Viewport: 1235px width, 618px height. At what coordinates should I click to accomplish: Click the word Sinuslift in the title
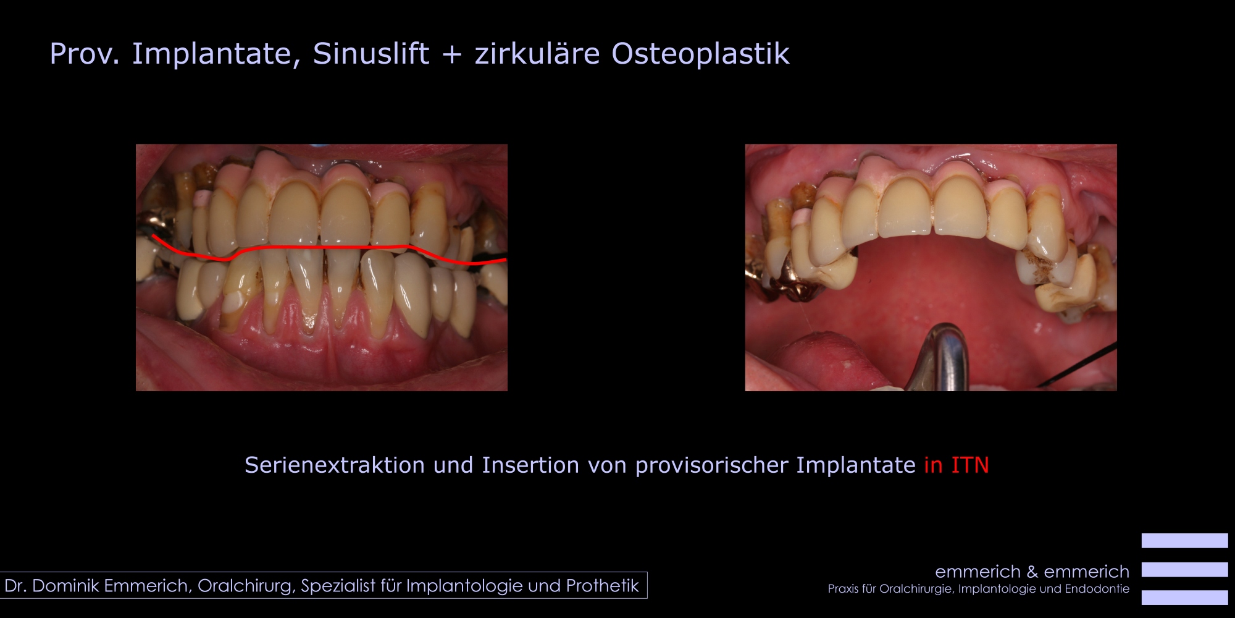pyautogui.click(x=371, y=53)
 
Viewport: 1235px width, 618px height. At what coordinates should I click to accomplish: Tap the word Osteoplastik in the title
pyautogui.click(x=700, y=53)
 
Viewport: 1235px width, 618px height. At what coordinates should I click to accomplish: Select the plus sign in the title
pyautogui.click(x=452, y=54)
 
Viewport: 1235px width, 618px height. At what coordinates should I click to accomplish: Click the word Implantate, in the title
pyautogui.click(x=216, y=54)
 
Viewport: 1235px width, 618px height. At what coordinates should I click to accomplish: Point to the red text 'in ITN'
pyautogui.click(x=957, y=465)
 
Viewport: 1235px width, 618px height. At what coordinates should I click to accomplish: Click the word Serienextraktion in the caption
pyautogui.click(x=335, y=465)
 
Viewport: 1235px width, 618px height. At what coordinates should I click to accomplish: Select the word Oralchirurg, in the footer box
pyautogui.click(x=246, y=586)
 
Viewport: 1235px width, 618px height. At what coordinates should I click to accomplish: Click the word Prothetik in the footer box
pyautogui.click(x=602, y=585)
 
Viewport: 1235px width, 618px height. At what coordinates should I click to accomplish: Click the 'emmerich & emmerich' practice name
pyautogui.click(x=1032, y=572)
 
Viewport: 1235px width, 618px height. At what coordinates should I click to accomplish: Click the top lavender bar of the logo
pyautogui.click(x=1184, y=541)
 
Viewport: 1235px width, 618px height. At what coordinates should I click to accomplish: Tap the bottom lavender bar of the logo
pyautogui.click(x=1184, y=598)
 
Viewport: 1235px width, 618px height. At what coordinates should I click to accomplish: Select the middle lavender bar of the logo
pyautogui.click(x=1184, y=569)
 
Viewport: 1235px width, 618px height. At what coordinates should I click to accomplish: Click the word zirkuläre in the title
pyautogui.click(x=537, y=53)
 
